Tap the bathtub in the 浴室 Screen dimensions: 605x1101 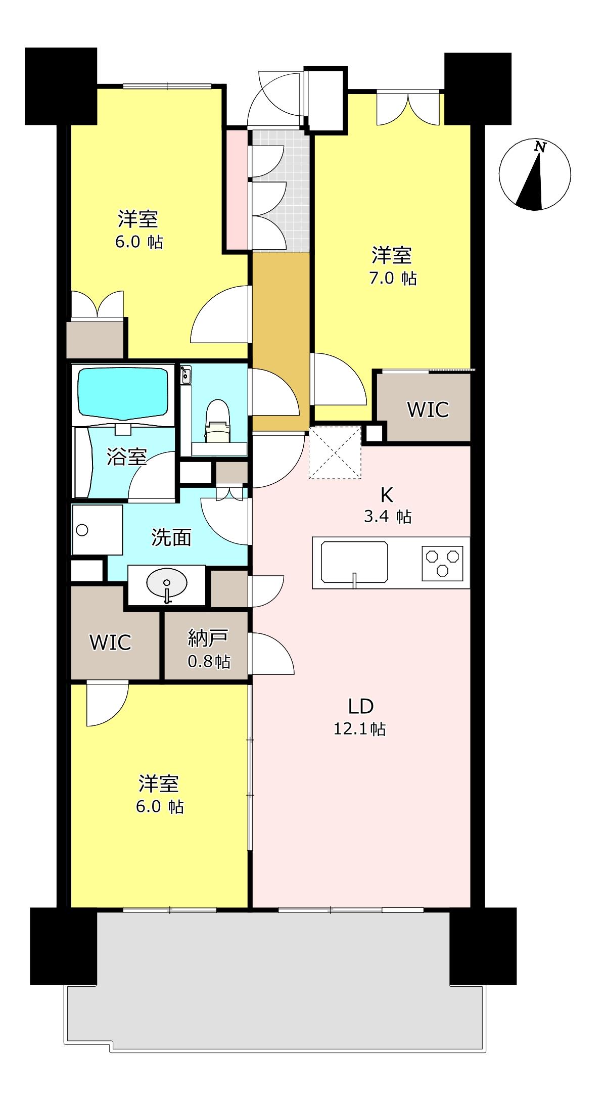[122, 393]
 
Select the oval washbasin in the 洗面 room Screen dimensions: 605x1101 [166, 584]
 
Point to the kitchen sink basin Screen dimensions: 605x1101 [355, 562]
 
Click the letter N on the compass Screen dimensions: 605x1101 [540, 148]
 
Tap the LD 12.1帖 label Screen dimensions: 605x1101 [360, 716]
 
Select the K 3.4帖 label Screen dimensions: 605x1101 [387, 505]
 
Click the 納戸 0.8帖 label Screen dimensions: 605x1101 [208, 649]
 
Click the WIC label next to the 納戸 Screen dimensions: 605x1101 [110, 642]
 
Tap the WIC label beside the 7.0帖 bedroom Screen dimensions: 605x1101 [428, 409]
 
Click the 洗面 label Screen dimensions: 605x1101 [171, 538]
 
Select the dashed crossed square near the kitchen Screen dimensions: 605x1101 [335, 452]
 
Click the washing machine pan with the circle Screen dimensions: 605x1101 [98, 529]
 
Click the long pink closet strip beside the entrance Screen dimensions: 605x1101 [237, 190]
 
